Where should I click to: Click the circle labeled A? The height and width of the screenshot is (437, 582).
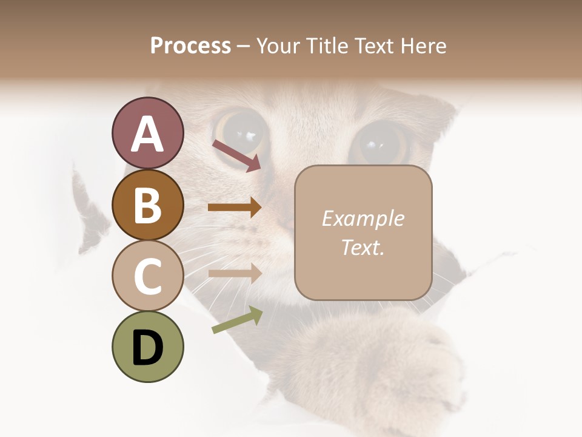[147, 133]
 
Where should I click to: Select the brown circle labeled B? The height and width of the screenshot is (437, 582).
[147, 205]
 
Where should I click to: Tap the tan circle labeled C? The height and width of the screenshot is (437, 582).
[147, 276]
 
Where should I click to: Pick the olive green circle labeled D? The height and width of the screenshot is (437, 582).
[147, 347]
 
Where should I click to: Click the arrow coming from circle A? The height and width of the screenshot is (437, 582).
[236, 155]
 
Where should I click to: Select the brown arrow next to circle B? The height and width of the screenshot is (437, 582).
[235, 208]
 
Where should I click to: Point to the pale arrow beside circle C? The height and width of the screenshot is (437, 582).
[235, 273]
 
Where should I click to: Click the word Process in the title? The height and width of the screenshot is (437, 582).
[190, 46]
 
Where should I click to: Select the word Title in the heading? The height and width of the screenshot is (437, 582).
[327, 46]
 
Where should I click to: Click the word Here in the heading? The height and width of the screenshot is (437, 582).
[423, 46]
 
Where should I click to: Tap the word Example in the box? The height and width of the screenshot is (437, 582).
[363, 218]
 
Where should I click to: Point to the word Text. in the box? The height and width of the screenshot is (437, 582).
[363, 247]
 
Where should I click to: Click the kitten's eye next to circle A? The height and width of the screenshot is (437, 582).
[241, 129]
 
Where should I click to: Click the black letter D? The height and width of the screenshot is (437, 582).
[147, 347]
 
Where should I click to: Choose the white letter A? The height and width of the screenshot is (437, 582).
[147, 134]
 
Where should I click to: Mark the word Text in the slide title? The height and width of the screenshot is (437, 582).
[373, 46]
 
